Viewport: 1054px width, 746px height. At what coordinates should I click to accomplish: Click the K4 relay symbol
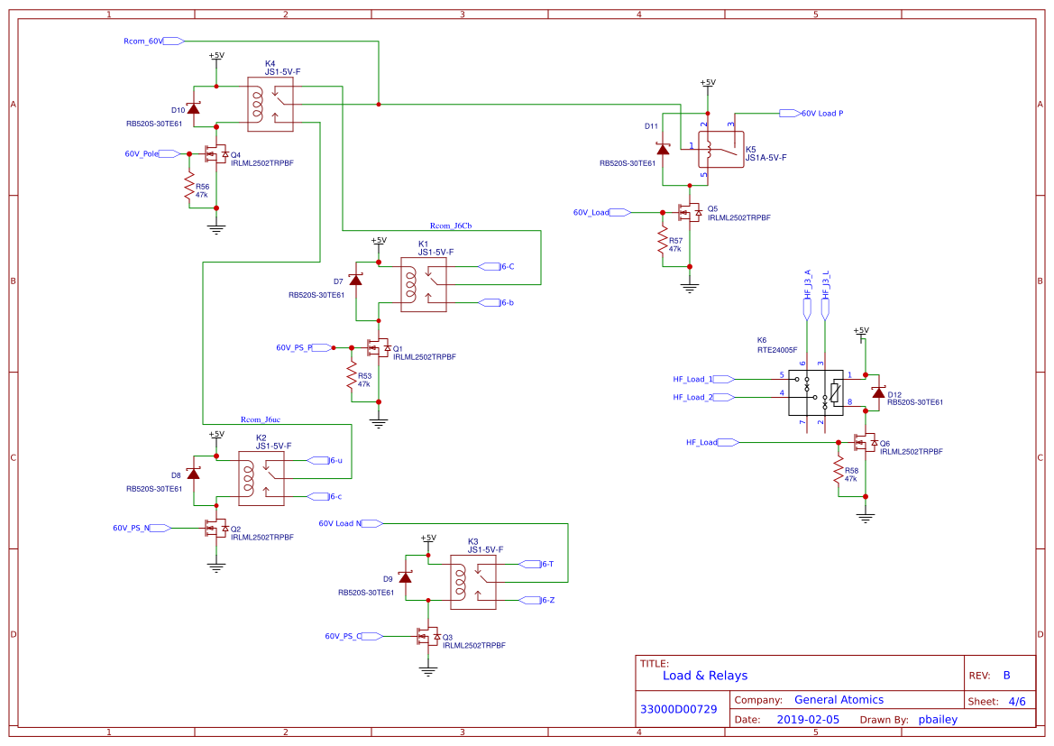point(270,105)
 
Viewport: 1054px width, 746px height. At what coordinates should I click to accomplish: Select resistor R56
point(189,190)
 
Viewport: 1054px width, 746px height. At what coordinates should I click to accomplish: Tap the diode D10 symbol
point(193,107)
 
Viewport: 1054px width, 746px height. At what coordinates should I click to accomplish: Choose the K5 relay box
point(721,149)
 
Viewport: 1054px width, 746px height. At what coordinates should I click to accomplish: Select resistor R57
point(663,244)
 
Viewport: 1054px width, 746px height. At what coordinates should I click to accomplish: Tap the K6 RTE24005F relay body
point(816,392)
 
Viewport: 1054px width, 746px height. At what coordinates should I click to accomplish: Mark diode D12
point(878,391)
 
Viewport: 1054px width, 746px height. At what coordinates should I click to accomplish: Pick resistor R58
point(839,471)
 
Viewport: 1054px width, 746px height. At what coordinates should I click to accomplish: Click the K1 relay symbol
point(424,285)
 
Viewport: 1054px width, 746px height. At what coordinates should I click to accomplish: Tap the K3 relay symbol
point(473,583)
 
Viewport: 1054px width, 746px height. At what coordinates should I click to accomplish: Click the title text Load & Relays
point(705,676)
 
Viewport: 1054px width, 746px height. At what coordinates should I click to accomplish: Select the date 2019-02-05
point(808,720)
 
